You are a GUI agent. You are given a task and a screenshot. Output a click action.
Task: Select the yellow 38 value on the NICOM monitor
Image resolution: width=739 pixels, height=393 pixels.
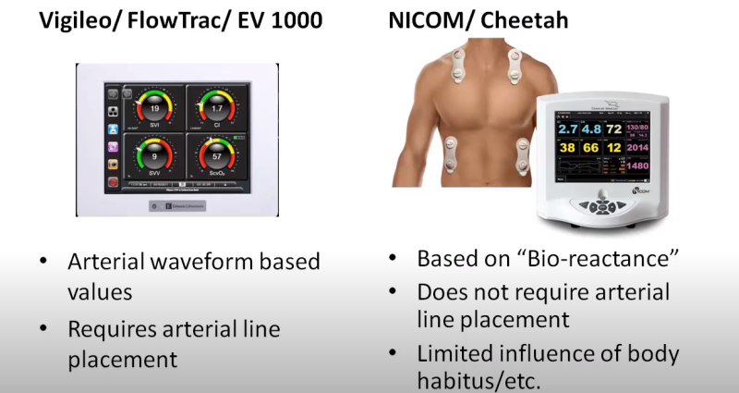(566, 148)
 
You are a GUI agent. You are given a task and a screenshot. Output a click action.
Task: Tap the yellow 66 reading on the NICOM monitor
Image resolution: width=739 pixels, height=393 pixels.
(591, 148)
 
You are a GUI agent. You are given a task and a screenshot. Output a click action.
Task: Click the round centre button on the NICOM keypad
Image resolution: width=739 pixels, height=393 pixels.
(601, 207)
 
